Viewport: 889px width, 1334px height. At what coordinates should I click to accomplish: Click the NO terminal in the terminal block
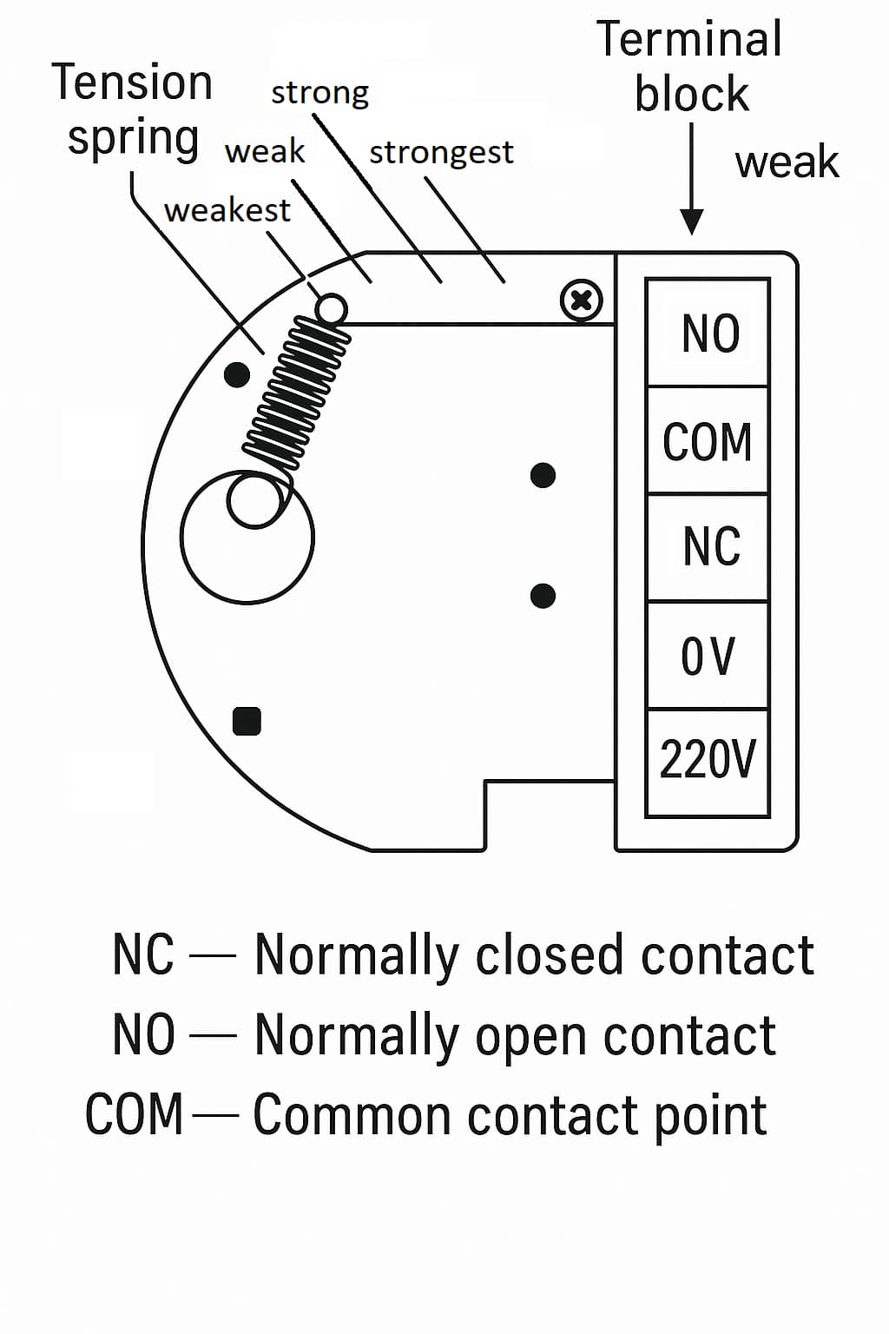coord(708,333)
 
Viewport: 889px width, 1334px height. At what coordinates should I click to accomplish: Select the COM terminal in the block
coord(708,440)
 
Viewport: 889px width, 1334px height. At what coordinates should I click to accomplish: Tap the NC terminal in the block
coord(708,547)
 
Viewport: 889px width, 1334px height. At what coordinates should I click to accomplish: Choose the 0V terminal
coord(708,656)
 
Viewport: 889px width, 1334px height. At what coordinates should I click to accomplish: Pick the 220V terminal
coord(708,763)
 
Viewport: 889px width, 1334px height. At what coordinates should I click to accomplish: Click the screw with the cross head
coord(582,300)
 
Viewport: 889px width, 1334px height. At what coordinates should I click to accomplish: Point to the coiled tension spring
coord(296,393)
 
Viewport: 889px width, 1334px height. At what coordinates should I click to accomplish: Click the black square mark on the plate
coord(247,721)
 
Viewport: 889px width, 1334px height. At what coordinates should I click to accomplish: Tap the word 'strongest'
coord(441,153)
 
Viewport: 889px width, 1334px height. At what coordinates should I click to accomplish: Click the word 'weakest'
coord(227,209)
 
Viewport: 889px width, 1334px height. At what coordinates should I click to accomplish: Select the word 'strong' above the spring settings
coord(319,93)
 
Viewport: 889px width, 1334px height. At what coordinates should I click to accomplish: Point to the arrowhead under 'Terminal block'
coord(691,221)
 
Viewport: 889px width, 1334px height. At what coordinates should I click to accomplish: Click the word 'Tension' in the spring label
coord(132,83)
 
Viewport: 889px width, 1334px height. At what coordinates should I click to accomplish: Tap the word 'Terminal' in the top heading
coord(689,39)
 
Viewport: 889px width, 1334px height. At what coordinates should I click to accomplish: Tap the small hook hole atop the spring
coord(331,308)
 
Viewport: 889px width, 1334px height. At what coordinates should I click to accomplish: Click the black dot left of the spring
coord(237,374)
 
